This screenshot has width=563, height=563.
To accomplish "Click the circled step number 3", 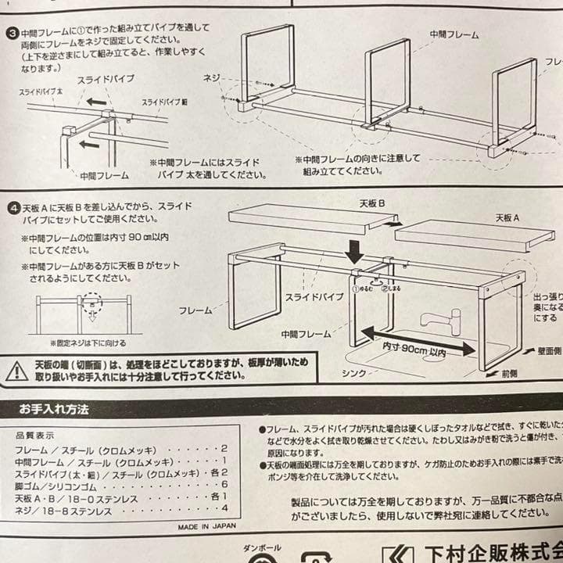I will [x=13, y=34].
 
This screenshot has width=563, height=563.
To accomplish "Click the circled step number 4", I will [x=13, y=209].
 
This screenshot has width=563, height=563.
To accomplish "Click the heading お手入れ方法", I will [x=54, y=408].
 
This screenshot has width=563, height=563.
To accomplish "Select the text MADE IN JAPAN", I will [x=206, y=527].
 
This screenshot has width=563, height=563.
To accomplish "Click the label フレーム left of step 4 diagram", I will [x=195, y=310].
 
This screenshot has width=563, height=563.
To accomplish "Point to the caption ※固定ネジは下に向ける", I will [x=88, y=342].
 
